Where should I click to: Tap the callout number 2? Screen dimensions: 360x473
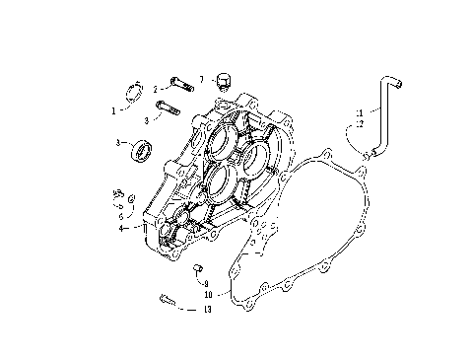pos(155,89)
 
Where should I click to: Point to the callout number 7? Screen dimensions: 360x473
pos(201,78)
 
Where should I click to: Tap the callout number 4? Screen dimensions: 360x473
pos(122,228)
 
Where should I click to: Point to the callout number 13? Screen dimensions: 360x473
pos(206,309)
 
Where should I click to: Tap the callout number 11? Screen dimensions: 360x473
pos(359,111)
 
